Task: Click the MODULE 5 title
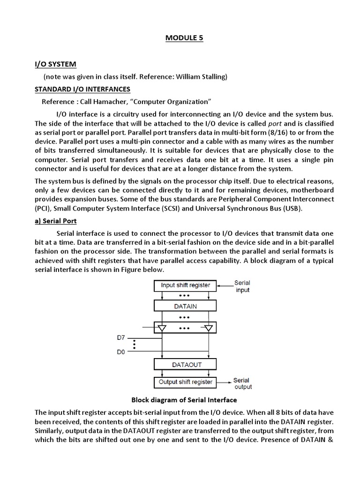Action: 184,38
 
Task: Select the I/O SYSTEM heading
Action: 55,64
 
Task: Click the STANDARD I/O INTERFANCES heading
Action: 82,89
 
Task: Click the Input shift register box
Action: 185,285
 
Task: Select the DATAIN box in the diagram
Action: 185,306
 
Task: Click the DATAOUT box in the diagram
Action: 185,364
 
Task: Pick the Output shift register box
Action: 185,382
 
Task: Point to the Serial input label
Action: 242,286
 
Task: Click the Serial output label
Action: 242,383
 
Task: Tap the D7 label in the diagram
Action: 121,337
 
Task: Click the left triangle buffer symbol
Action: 162,328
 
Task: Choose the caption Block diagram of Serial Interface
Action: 184,400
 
